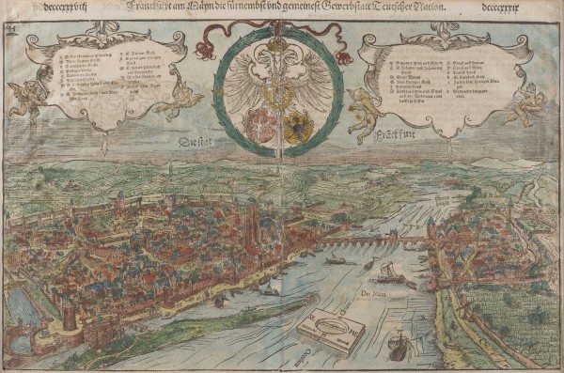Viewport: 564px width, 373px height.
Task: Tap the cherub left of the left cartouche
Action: coord(34,95)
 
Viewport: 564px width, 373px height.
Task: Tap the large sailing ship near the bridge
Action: coord(387,273)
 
